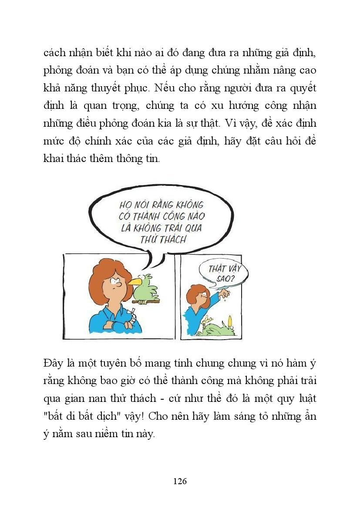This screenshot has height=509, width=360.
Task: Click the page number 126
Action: pyautogui.click(x=180, y=481)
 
